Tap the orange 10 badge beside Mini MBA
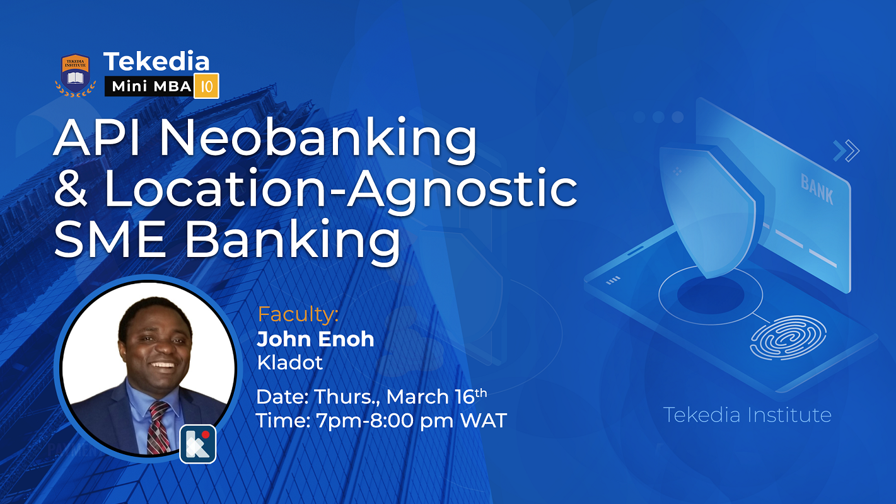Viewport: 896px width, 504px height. click(207, 86)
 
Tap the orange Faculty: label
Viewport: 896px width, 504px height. click(298, 314)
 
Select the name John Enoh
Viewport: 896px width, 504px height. click(315, 339)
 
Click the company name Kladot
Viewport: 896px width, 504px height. click(290, 363)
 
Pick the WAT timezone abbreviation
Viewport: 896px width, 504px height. click(482, 420)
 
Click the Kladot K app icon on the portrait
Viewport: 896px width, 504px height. click(198, 444)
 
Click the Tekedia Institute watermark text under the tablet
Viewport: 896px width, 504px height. click(747, 415)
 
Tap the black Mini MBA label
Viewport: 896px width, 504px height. click(148, 87)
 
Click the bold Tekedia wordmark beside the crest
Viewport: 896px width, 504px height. click(156, 61)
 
